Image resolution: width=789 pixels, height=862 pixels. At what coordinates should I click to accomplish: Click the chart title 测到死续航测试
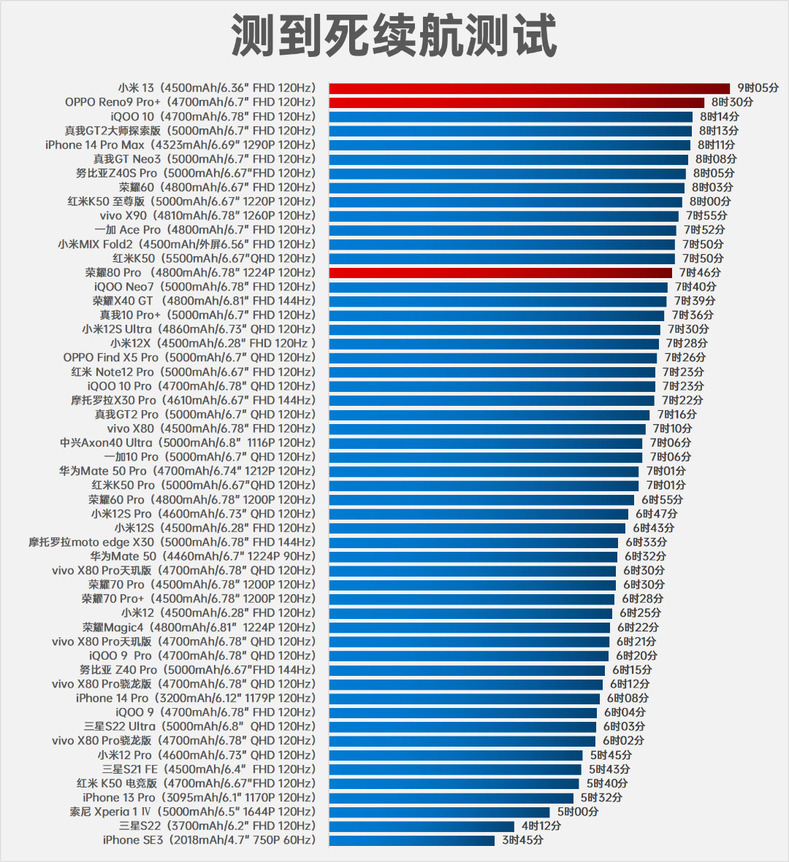(x=394, y=35)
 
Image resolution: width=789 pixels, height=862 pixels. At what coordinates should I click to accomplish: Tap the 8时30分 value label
(x=732, y=102)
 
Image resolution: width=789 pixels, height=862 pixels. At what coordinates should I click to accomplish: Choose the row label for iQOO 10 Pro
(x=202, y=386)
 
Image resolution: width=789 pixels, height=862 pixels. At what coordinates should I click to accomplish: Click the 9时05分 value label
(x=758, y=88)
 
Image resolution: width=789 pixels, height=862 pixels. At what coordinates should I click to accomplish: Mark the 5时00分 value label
(x=577, y=812)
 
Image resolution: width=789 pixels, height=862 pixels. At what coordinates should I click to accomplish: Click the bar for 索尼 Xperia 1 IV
(x=439, y=812)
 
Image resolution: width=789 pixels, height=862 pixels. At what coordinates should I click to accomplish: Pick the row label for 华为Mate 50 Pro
(x=187, y=472)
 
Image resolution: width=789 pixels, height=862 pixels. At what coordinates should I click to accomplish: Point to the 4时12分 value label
(x=541, y=826)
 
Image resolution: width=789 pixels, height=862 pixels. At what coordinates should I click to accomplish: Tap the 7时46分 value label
(x=700, y=273)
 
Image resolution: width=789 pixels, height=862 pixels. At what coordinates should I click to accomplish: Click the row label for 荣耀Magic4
(x=199, y=628)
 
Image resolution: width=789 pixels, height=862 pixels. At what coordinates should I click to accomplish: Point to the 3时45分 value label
(x=522, y=840)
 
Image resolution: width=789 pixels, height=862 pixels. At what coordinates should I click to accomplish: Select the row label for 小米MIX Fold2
(x=186, y=245)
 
